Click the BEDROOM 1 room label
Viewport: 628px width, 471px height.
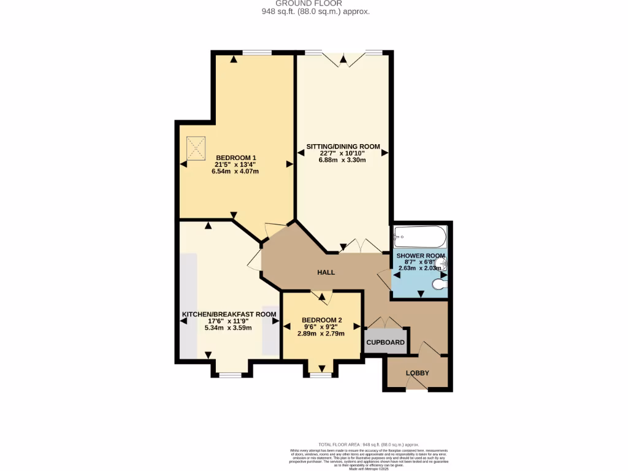click(235, 158)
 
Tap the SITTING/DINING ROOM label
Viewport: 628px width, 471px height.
click(343, 147)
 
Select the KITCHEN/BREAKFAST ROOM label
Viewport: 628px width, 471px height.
click(228, 314)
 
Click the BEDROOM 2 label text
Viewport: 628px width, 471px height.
click(322, 320)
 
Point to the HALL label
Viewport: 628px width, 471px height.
click(326, 272)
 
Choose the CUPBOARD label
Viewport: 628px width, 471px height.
click(386, 342)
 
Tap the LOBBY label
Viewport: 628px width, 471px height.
click(417, 373)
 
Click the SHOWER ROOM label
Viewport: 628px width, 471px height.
click(421, 255)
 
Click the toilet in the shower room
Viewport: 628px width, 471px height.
click(439, 284)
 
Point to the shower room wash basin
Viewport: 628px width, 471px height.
click(444, 264)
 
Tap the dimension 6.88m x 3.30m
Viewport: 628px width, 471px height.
click(342, 160)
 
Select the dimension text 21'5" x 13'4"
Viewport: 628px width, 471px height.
click(235, 164)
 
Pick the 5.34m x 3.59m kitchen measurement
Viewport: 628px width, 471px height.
click(228, 327)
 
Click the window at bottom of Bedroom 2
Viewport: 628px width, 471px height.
click(319, 374)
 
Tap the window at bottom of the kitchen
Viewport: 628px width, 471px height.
click(231, 374)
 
